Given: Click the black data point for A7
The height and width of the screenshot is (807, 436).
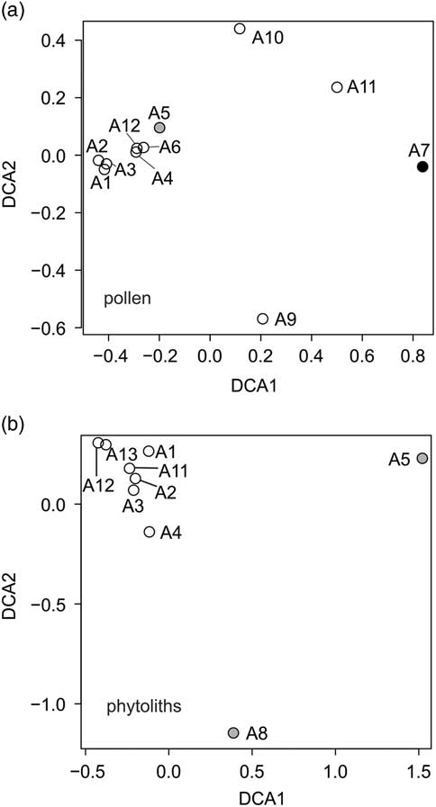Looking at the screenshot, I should [x=422, y=166].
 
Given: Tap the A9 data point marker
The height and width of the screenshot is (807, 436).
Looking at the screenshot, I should [x=263, y=318].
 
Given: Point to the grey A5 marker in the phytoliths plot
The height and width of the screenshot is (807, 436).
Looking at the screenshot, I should [x=422, y=459].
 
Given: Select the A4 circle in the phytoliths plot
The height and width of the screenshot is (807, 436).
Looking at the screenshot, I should [x=150, y=532].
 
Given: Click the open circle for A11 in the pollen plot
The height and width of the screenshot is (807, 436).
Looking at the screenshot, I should [x=337, y=87].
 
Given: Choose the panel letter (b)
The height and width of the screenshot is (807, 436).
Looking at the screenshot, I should [x=15, y=420].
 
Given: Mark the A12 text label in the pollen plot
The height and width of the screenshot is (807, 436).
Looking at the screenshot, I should [x=125, y=124].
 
